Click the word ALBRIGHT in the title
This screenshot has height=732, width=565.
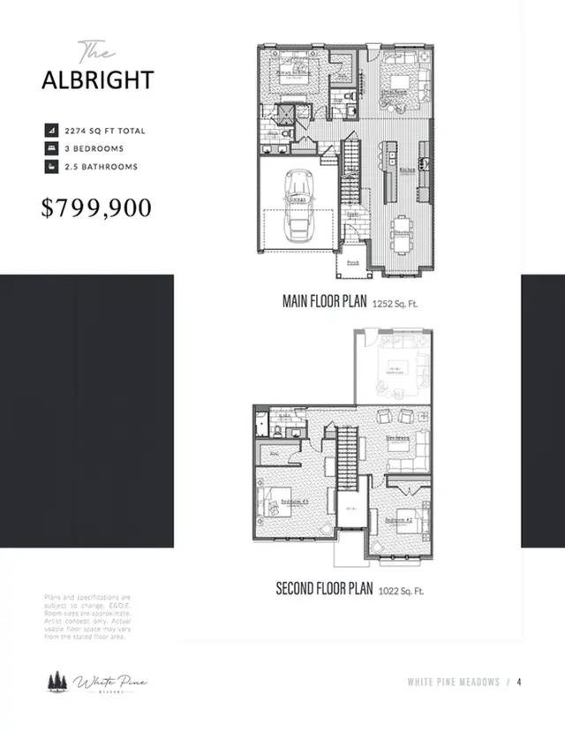point(97,79)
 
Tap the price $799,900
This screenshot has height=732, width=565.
point(97,208)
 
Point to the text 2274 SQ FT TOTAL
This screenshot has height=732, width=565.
point(105,131)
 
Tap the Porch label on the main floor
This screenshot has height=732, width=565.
point(352,262)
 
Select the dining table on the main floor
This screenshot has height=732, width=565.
point(402,231)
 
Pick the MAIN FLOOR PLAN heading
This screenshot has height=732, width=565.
point(325,301)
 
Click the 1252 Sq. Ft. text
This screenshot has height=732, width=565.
point(395,303)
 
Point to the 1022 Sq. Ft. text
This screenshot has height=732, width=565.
point(401,590)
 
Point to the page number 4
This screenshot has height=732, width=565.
point(520,682)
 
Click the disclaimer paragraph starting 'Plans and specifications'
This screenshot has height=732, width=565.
point(87,616)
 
